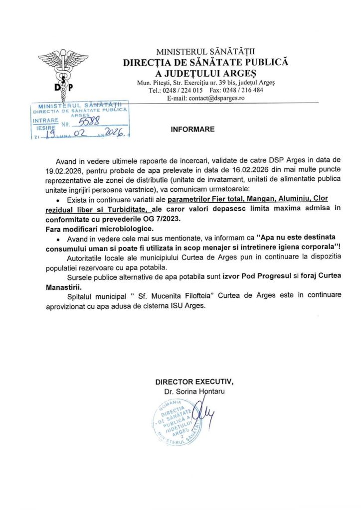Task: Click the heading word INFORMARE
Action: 192,129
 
